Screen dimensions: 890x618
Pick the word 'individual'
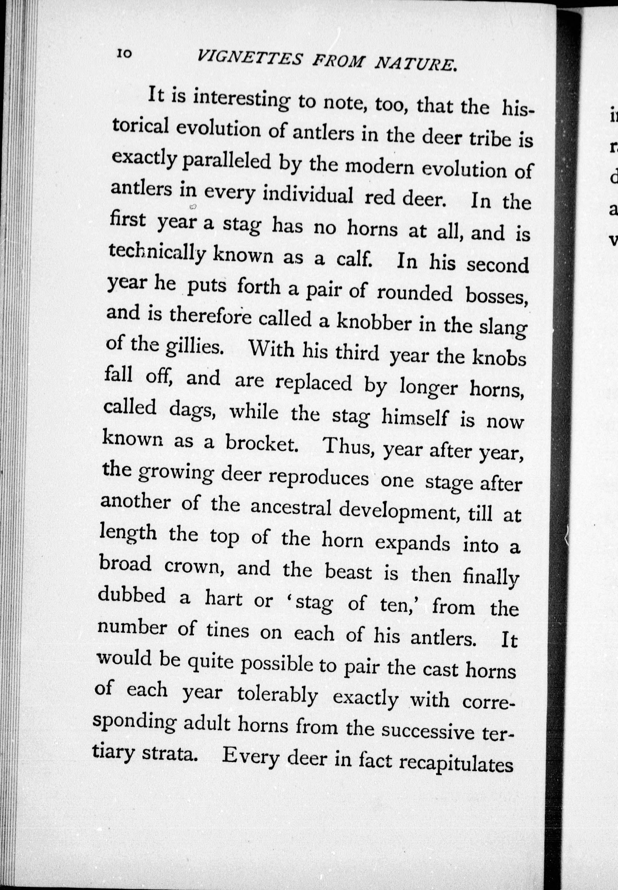tap(308, 195)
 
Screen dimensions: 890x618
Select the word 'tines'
tap(227, 631)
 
